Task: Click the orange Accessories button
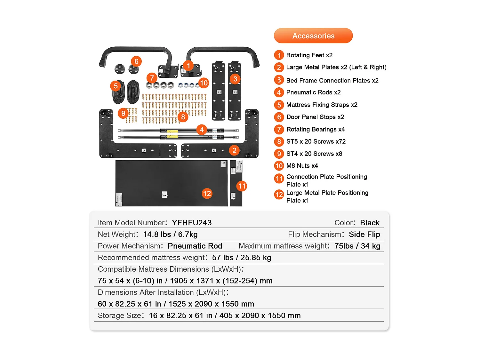click(x=313, y=36)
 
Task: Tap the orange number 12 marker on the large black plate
click(x=207, y=193)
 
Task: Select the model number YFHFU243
click(x=192, y=223)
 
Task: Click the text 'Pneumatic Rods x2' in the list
click(x=313, y=92)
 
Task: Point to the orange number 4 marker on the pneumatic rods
click(x=202, y=130)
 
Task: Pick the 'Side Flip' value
click(x=364, y=235)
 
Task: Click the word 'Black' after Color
click(x=370, y=223)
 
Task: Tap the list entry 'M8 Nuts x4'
click(x=302, y=166)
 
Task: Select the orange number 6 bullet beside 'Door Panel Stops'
click(x=279, y=117)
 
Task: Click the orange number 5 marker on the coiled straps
click(x=116, y=86)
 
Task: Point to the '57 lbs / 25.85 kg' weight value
click(x=241, y=258)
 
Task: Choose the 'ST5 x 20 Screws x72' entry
click(x=316, y=141)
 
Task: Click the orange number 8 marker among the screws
click(x=183, y=117)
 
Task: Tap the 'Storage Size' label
click(x=119, y=316)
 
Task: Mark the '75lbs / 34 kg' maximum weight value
click(x=357, y=246)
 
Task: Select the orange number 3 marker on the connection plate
click(x=235, y=79)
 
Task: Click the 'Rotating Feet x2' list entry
click(x=309, y=55)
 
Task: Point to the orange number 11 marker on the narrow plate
click(x=242, y=186)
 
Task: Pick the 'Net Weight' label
click(x=117, y=235)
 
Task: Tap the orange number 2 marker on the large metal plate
click(x=235, y=150)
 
